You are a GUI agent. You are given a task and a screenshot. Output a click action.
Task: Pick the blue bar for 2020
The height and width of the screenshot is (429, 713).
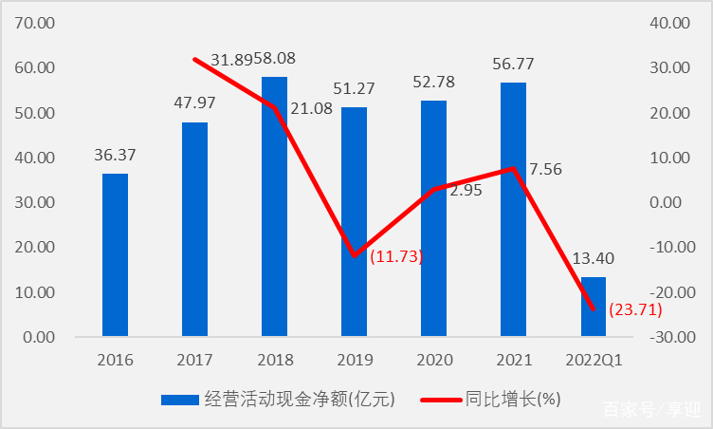tap(433, 217)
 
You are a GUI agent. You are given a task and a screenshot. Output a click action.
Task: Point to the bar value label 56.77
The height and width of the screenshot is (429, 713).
tap(514, 65)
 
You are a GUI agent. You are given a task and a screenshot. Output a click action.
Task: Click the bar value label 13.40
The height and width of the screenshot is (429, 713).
tap(594, 258)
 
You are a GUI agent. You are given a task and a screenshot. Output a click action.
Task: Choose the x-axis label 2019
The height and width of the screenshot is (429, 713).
tap(354, 361)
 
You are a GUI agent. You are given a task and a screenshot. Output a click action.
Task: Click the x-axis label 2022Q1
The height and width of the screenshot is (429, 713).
tap(594, 361)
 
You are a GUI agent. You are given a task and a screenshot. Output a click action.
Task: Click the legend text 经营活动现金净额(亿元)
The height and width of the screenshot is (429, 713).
tap(299, 400)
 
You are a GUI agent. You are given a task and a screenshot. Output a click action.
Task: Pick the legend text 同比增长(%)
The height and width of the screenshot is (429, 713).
tap(513, 400)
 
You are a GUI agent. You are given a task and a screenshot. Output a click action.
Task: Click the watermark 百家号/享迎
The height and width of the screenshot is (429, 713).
tap(654, 410)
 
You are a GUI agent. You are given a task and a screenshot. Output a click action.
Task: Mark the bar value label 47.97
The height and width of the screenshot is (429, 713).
tap(194, 103)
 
